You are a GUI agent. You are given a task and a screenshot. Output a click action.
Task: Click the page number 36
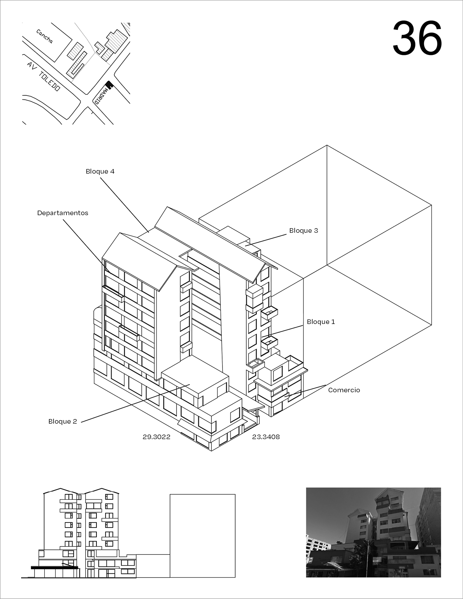click(x=417, y=38)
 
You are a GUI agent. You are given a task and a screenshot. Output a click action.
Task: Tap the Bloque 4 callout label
click(x=100, y=171)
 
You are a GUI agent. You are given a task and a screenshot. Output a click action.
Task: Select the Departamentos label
click(x=63, y=213)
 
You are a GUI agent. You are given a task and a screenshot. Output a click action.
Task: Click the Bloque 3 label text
click(x=304, y=231)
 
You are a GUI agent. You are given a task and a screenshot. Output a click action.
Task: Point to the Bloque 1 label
click(x=321, y=322)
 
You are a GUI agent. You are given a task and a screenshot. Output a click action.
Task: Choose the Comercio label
click(x=344, y=390)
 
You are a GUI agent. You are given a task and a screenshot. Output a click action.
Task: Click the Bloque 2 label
click(x=63, y=422)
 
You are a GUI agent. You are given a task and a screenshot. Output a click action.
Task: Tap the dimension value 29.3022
click(x=156, y=437)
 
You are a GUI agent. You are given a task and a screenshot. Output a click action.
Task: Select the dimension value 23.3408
click(x=266, y=437)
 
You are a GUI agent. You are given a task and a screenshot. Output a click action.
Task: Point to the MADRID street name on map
click(x=101, y=96)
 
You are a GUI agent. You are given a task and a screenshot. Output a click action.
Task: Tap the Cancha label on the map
click(x=45, y=36)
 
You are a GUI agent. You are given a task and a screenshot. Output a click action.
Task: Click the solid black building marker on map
click(x=109, y=85)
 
